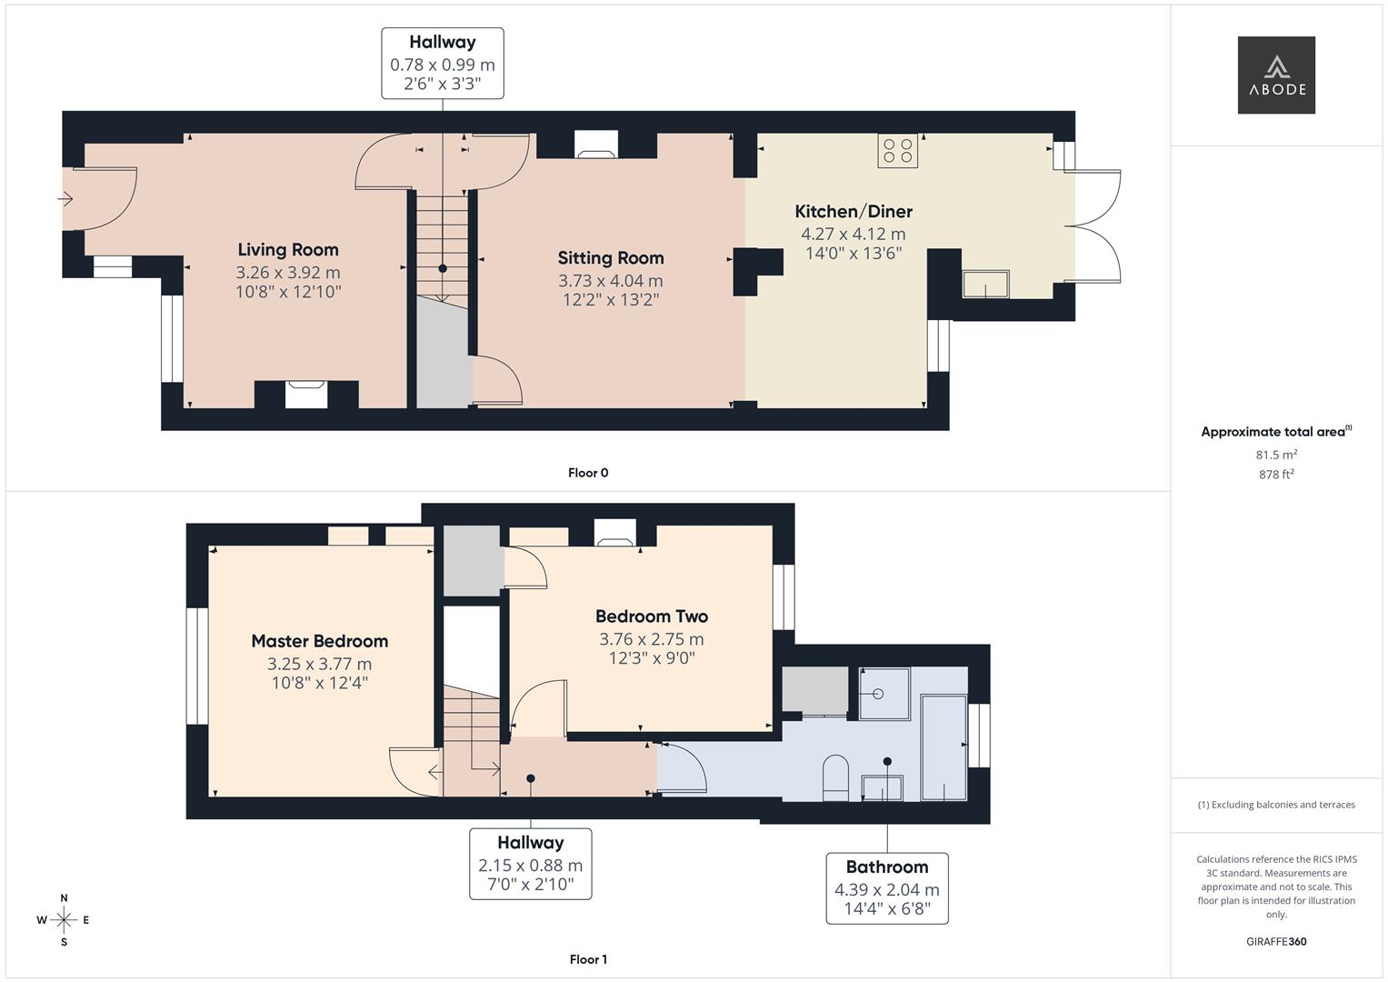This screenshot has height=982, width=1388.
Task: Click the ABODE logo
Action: pyautogui.click(x=1276, y=75)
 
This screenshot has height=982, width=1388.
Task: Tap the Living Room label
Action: pyautogui.click(x=288, y=250)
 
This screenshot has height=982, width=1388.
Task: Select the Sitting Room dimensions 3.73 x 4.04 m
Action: pyautogui.click(x=610, y=281)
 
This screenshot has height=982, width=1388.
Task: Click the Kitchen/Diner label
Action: pyautogui.click(x=854, y=211)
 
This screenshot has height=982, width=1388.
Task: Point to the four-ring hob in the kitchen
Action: pyautogui.click(x=898, y=151)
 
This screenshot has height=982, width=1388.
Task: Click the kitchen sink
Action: pyautogui.click(x=986, y=284)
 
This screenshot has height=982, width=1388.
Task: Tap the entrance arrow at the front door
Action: pyautogui.click(x=65, y=199)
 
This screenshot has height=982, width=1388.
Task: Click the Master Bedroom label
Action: pyautogui.click(x=320, y=641)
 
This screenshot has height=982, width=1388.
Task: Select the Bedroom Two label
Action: pyautogui.click(x=652, y=616)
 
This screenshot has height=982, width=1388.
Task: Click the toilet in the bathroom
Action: pyautogui.click(x=835, y=777)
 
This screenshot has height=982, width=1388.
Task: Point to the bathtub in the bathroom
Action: pyautogui.click(x=944, y=747)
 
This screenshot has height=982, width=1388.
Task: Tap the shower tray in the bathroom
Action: pyautogui.click(x=884, y=694)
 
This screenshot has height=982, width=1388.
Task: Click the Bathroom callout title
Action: pyautogui.click(x=887, y=867)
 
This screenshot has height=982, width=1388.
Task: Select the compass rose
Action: pyautogui.click(x=64, y=920)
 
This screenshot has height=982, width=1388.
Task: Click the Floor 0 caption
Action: pyautogui.click(x=588, y=473)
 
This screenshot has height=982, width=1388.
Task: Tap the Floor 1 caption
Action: pyautogui.click(x=588, y=959)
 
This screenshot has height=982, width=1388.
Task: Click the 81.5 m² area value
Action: pyautogui.click(x=1276, y=455)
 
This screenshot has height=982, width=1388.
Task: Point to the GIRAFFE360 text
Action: pyautogui.click(x=1276, y=941)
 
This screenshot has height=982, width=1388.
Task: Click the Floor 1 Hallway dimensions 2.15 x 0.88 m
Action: pyautogui.click(x=531, y=866)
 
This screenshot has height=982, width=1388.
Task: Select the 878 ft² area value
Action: pyautogui.click(x=1276, y=475)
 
